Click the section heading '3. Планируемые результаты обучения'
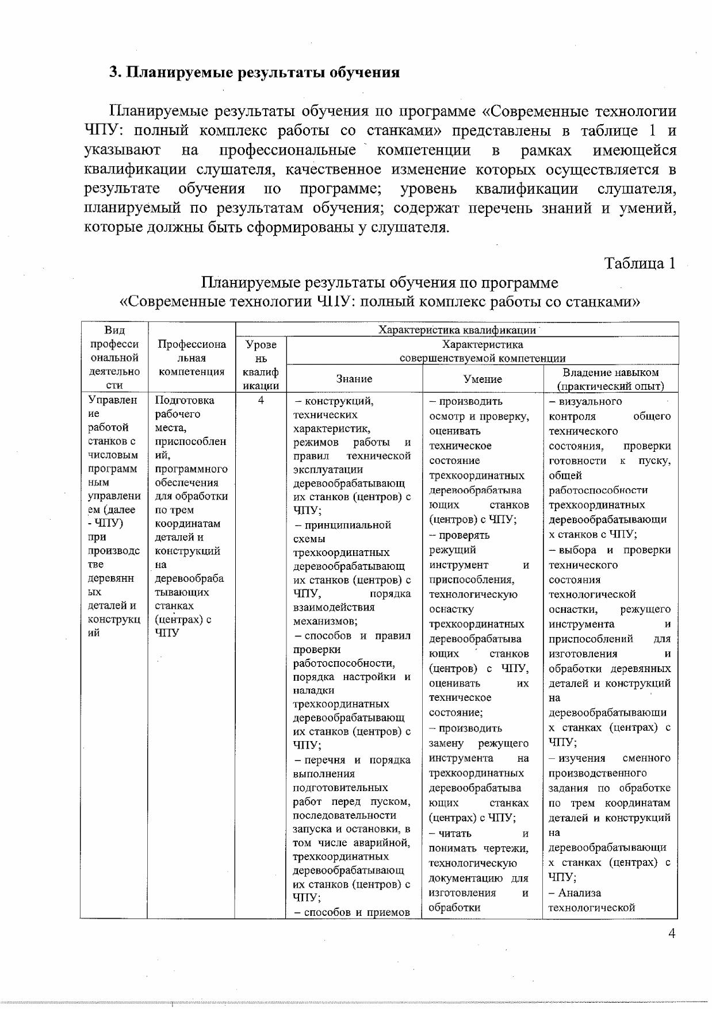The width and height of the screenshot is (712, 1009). (x=254, y=72)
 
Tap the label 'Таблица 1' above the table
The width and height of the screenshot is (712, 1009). (x=639, y=263)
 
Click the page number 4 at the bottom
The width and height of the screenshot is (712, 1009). (x=671, y=933)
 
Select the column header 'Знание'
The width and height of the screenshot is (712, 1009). (x=354, y=379)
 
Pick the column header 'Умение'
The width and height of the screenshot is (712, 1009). (x=483, y=379)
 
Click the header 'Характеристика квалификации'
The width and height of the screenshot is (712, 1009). (x=457, y=330)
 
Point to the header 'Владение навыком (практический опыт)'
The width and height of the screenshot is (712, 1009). (x=610, y=379)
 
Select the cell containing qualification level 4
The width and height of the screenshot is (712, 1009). (x=261, y=400)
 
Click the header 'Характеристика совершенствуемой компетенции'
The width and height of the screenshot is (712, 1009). (x=483, y=351)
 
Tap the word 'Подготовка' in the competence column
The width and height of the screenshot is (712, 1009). (x=185, y=400)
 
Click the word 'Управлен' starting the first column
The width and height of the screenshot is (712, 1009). (x=113, y=400)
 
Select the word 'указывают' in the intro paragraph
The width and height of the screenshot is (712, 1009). (x=122, y=151)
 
